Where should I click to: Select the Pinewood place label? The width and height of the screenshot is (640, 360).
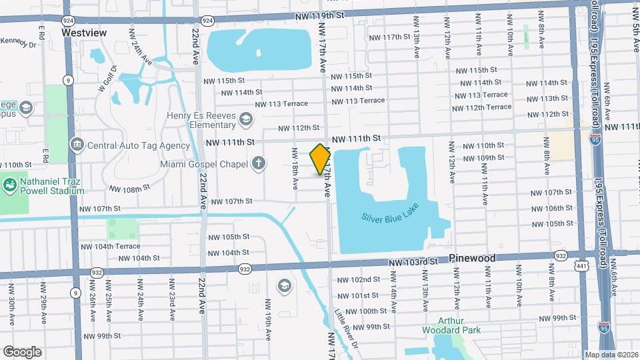[x=472, y=257]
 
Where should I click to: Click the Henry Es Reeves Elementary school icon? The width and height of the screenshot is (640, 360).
[x=246, y=119]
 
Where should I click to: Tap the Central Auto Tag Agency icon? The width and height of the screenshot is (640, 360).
[x=77, y=145]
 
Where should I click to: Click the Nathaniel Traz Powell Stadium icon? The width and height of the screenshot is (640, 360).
[x=10, y=185]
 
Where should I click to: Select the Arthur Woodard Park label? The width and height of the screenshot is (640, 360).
[x=451, y=325]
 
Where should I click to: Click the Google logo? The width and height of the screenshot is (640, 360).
[x=22, y=351]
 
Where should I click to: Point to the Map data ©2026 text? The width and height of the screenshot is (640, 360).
[x=611, y=355]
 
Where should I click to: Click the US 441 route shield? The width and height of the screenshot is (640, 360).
[x=582, y=267]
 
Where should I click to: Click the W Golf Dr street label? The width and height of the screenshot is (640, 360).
[x=107, y=78]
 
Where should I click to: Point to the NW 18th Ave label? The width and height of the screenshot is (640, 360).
[x=295, y=170]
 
